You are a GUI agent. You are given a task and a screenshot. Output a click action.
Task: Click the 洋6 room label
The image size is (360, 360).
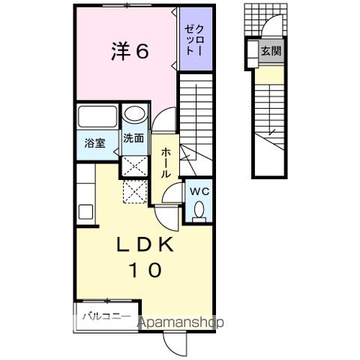click(129, 52)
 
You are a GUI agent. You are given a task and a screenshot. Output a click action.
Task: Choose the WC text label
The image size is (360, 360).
click(197, 190)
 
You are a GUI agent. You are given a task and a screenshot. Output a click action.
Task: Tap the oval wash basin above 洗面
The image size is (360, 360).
click(134, 115)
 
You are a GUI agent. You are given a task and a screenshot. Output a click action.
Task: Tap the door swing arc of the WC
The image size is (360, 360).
click(173, 194)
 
